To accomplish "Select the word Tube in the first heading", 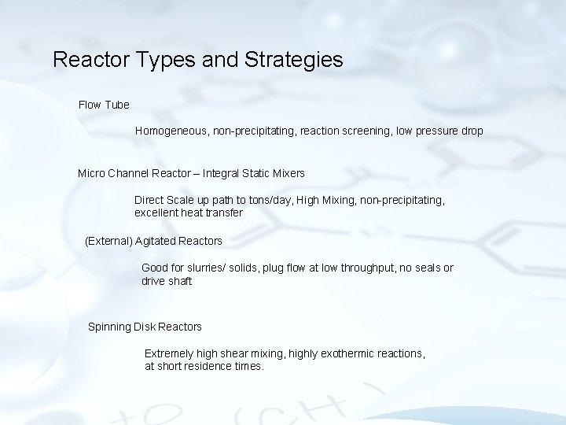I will [116, 105].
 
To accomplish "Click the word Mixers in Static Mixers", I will [288, 172].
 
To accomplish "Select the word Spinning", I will [110, 327].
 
